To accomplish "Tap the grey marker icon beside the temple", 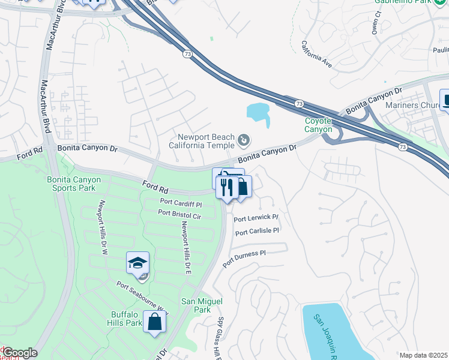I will tap(244, 140).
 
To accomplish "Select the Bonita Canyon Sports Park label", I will tap(73, 184).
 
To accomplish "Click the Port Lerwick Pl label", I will tap(256, 218).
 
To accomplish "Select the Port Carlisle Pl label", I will tap(258, 231).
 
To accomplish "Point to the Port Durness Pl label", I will tap(244, 259).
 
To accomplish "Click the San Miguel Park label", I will tap(196, 305).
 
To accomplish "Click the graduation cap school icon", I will tap(137, 263).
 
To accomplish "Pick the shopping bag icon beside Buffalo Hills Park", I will tap(155, 321).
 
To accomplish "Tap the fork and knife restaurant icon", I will tap(226, 187).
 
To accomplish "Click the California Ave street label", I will tap(316, 54).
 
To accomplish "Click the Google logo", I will tap(19, 353).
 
